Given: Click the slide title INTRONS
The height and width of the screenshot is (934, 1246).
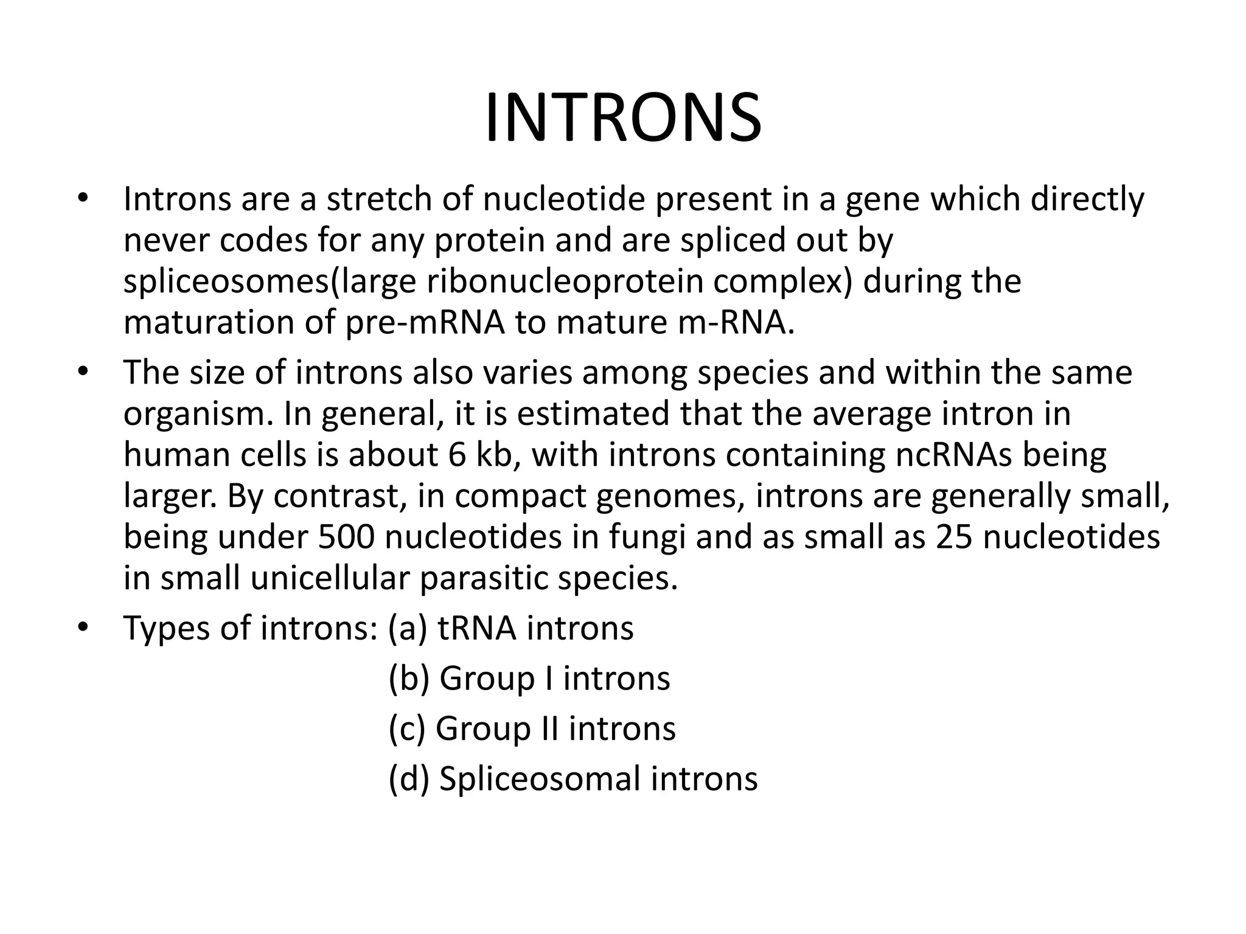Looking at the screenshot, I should pyautogui.click(x=622, y=119).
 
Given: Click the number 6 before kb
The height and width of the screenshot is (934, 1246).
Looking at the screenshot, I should pyautogui.click(x=457, y=455).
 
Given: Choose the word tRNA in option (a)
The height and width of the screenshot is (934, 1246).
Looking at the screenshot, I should pyautogui.click(x=476, y=628).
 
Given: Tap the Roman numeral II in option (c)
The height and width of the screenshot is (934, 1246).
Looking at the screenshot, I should pyautogui.click(x=550, y=728).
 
